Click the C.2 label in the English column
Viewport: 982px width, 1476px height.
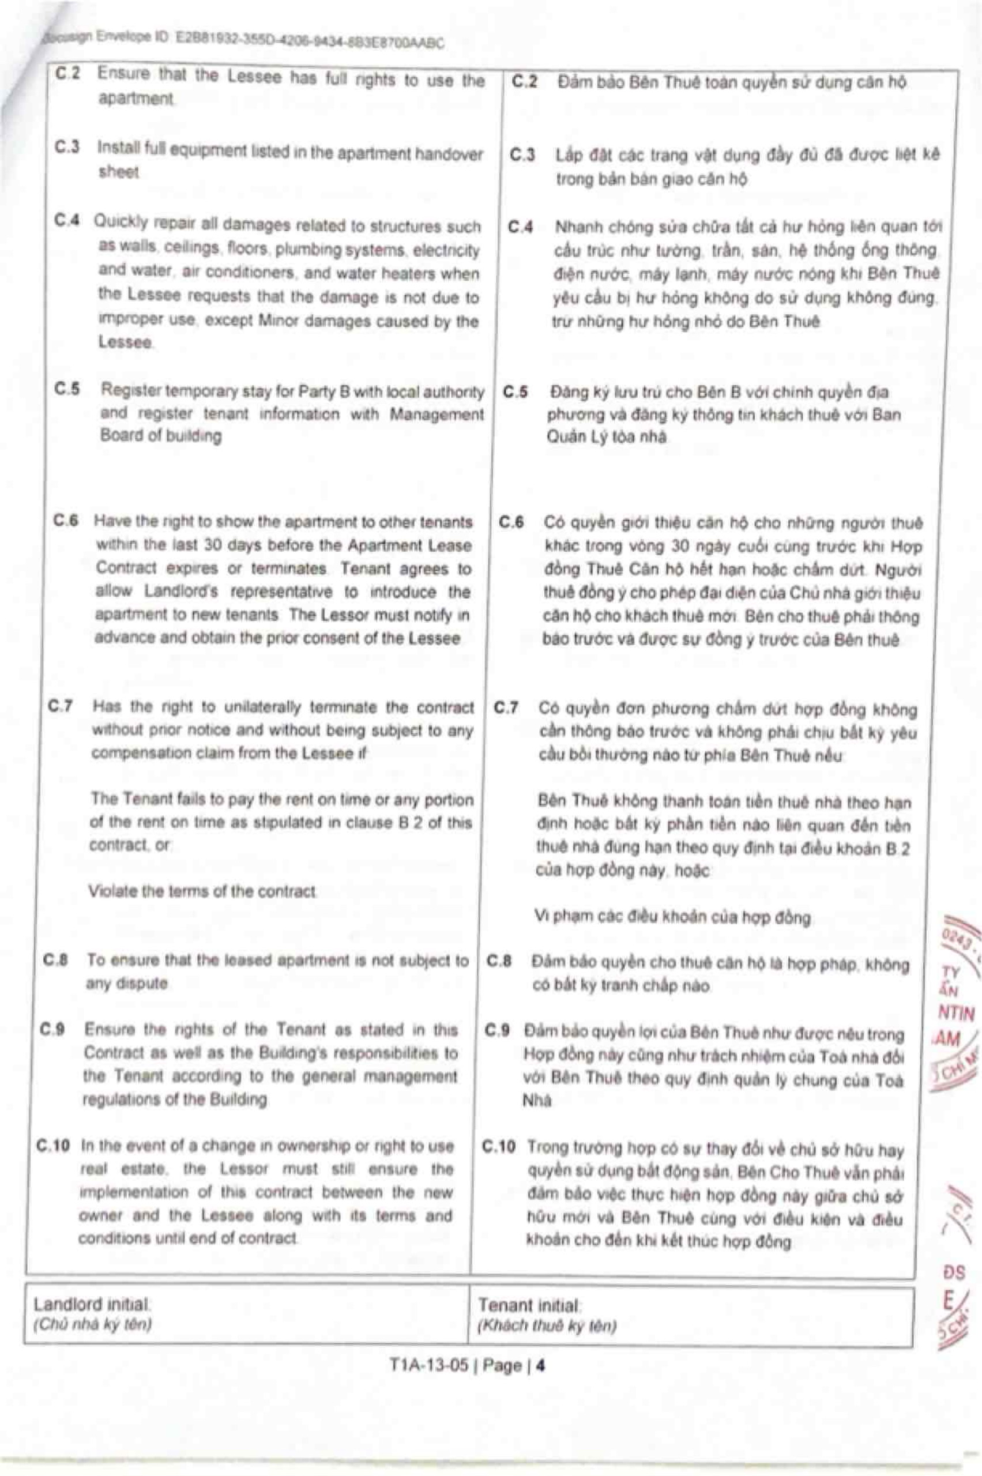pos(68,74)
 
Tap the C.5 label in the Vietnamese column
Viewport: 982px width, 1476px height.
pos(516,393)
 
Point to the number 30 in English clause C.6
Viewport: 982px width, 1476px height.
pos(213,545)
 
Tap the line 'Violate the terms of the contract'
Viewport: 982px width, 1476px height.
pos(202,891)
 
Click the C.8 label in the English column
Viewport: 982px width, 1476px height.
pos(56,960)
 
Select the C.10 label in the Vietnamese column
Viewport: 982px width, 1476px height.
pos(499,1147)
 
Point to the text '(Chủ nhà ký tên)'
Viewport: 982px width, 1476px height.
pos(93,1324)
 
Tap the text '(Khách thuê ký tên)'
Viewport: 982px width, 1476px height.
pos(547,1326)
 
